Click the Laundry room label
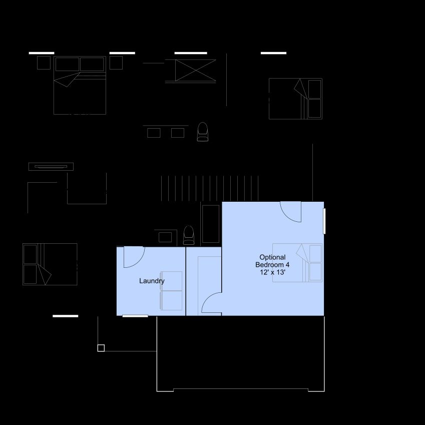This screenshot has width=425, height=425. coord(152,281)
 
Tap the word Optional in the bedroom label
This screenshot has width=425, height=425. coord(272,257)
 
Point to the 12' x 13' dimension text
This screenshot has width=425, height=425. coord(272,272)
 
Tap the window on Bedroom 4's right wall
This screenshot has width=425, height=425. coord(324,221)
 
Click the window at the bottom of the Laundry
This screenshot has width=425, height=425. coord(135,316)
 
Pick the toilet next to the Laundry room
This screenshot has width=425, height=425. coord(189,235)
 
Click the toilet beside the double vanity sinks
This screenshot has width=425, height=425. coord(202,132)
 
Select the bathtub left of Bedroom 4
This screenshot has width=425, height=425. coord(211,224)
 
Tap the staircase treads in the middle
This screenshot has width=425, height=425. coord(210,188)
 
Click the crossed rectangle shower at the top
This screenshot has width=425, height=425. coord(195,71)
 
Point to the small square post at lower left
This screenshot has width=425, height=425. coord(101,348)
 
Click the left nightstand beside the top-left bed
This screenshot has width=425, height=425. coord(44,63)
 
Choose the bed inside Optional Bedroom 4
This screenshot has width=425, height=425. coord(297,263)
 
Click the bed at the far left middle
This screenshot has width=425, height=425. coord(50,264)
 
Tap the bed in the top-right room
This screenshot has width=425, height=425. coord(295,99)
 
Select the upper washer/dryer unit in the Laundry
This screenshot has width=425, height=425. coord(171,281)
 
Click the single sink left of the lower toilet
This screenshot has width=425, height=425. coord(165,237)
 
